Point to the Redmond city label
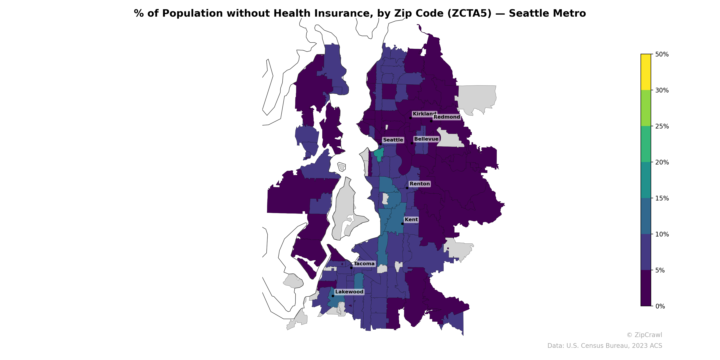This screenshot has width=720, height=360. (x=446, y=117)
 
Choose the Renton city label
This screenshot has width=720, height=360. (x=420, y=184)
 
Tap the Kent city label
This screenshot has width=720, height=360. (x=411, y=220)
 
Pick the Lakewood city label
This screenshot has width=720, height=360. (x=349, y=292)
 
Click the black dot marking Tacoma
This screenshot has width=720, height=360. (x=351, y=268)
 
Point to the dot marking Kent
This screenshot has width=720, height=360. (x=403, y=224)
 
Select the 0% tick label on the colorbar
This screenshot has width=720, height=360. (x=660, y=306)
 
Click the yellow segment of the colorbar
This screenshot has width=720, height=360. (x=646, y=72)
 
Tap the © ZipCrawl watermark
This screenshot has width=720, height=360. (x=644, y=335)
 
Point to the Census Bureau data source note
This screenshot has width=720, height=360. (x=605, y=346)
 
